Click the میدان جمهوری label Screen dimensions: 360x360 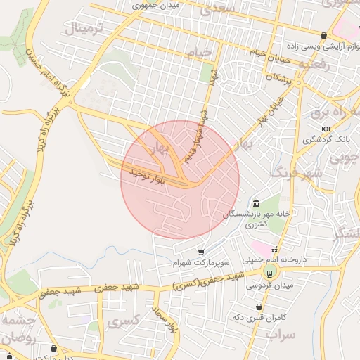pos(157,6)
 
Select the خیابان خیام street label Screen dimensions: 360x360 pos(259,53)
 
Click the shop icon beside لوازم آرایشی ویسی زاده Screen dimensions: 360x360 pos(323,35)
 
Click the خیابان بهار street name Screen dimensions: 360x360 pos(271,109)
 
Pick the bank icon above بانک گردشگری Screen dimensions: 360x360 pos(325,129)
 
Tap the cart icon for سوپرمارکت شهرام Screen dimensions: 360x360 pos(202,252)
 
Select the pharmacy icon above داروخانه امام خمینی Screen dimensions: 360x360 pos(275,249)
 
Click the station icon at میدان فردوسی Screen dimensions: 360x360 pos(269,274)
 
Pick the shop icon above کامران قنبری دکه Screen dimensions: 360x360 pos(260,307)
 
